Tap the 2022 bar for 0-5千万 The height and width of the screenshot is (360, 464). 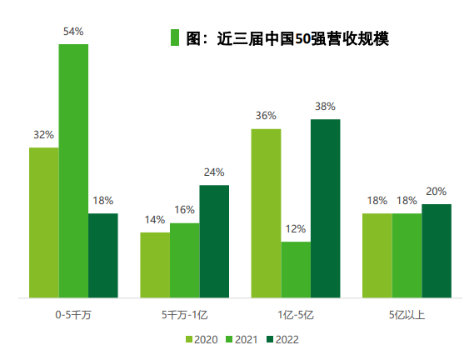pos(103,255)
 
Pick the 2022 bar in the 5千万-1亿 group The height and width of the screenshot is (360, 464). pos(214,241)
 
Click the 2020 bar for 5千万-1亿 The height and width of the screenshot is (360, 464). pos(155,264)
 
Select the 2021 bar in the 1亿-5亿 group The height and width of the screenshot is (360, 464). pos(296,269)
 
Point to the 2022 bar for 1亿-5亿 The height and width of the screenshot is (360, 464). pos(326,208)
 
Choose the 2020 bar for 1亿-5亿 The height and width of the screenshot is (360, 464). pos(267,213)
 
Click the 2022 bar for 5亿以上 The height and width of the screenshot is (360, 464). pos(437,250)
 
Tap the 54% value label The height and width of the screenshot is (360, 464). pos(73,32)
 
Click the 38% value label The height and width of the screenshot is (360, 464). pos(326,107)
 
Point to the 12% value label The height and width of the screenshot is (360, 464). pos(296,229)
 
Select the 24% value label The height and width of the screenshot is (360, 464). pos(214,172)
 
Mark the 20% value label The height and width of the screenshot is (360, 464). pos(437,191)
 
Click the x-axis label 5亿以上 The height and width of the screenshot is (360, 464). pos(407,316)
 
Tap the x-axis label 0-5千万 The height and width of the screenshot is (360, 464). pos(73,316)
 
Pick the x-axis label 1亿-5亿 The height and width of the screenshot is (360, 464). pos(296,316)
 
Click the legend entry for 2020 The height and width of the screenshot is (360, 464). pos(200,339)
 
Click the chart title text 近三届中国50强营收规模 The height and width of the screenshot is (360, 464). pos(287,38)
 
